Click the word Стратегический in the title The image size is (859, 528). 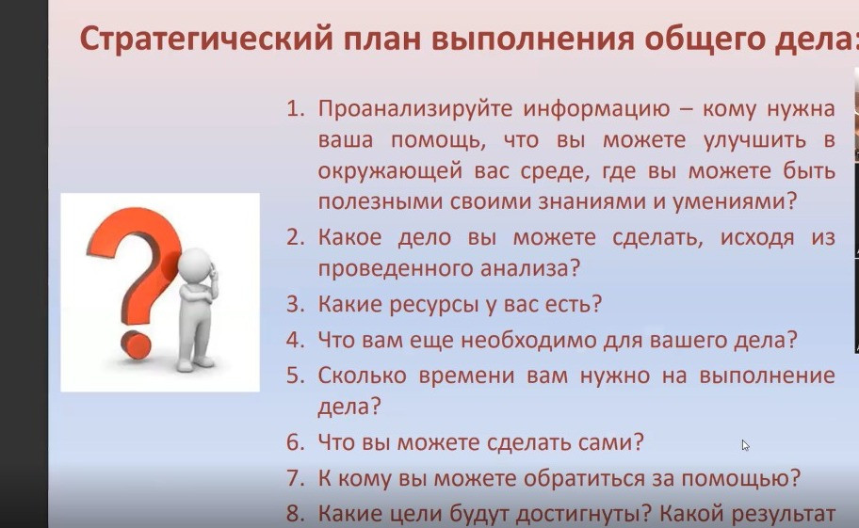206,40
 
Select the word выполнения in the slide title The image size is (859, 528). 532,40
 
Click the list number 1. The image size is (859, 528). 296,108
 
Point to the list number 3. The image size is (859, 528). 296,304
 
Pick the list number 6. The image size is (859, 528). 296,442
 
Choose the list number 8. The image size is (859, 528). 296,514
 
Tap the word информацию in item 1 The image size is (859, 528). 596,109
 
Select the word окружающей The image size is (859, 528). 390,172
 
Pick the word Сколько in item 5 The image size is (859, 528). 362,376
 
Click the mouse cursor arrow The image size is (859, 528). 745,445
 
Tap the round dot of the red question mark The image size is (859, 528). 136,344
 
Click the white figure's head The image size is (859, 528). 193,264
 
